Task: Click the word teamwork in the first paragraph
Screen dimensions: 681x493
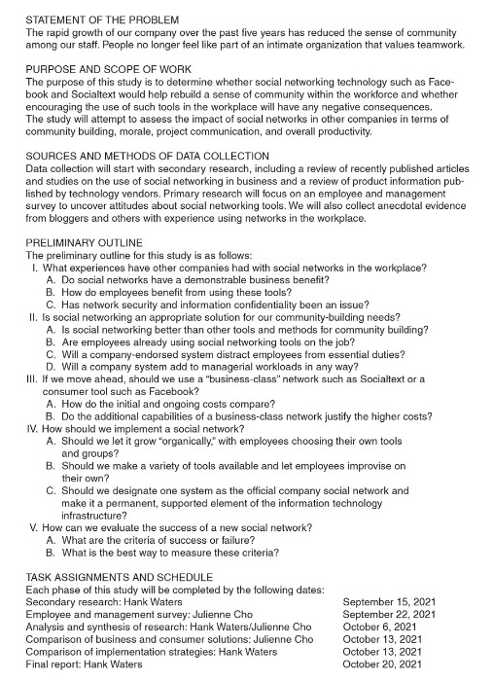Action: coord(439,45)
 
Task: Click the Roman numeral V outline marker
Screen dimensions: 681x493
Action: coord(31,527)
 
